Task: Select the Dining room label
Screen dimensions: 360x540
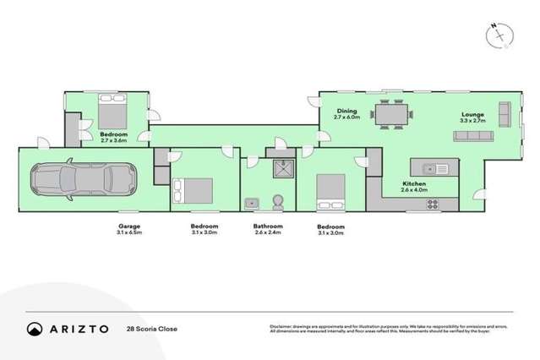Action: (x=346, y=109)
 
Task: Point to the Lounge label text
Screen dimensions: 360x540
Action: (x=472, y=113)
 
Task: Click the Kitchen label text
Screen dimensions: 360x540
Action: (x=413, y=183)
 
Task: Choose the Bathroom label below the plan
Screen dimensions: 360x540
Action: (x=269, y=226)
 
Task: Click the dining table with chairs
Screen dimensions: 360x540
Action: (x=391, y=114)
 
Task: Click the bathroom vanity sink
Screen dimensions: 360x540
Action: (x=252, y=202)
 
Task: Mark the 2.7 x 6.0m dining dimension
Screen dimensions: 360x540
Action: (x=346, y=117)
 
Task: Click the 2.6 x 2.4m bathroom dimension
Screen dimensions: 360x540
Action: (x=269, y=235)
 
